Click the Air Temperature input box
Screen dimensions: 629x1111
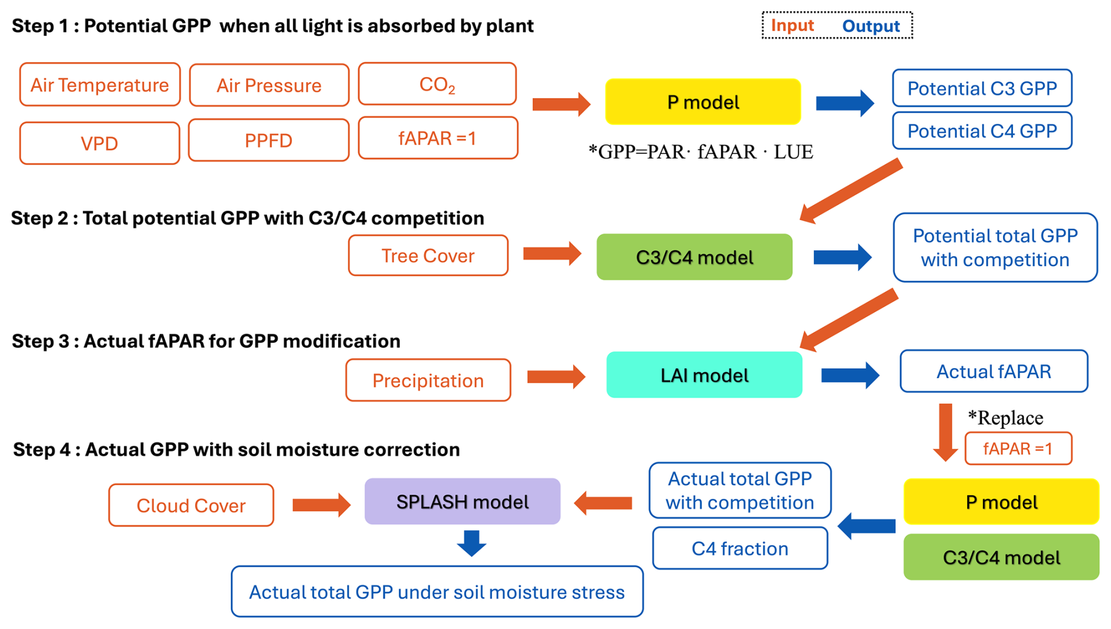pyautogui.click(x=100, y=85)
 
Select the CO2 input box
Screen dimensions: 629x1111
pyautogui.click(x=437, y=84)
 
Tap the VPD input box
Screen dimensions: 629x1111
pyautogui.click(x=99, y=143)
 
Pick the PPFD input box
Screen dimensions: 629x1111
pyautogui.click(x=268, y=140)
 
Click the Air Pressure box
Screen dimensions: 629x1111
pyautogui.click(x=269, y=86)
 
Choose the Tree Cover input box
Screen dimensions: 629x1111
pyautogui.click(x=428, y=255)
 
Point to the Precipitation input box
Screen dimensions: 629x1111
pyautogui.click(x=428, y=381)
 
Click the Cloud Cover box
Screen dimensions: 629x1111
pyautogui.click(x=191, y=505)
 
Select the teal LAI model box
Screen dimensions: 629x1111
pyautogui.click(x=704, y=375)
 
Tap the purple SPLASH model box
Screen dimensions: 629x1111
pyautogui.click(x=462, y=502)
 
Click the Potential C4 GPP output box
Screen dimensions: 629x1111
pyautogui.click(x=982, y=131)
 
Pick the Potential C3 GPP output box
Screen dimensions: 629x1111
pyautogui.click(x=982, y=88)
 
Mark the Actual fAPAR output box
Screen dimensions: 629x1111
pyautogui.click(x=994, y=371)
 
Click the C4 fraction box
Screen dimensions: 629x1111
pyautogui.click(x=740, y=549)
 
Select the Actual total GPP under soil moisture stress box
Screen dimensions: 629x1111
pyautogui.click(x=437, y=592)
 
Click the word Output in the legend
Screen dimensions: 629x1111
pyautogui.click(x=870, y=26)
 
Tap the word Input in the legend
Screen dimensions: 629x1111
pyautogui.click(x=792, y=25)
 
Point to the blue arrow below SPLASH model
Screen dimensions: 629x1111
pyautogui.click(x=472, y=543)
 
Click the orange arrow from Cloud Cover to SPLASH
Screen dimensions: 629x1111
pyautogui.click(x=321, y=504)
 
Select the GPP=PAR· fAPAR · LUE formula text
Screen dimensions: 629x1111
pyautogui.click(x=701, y=152)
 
